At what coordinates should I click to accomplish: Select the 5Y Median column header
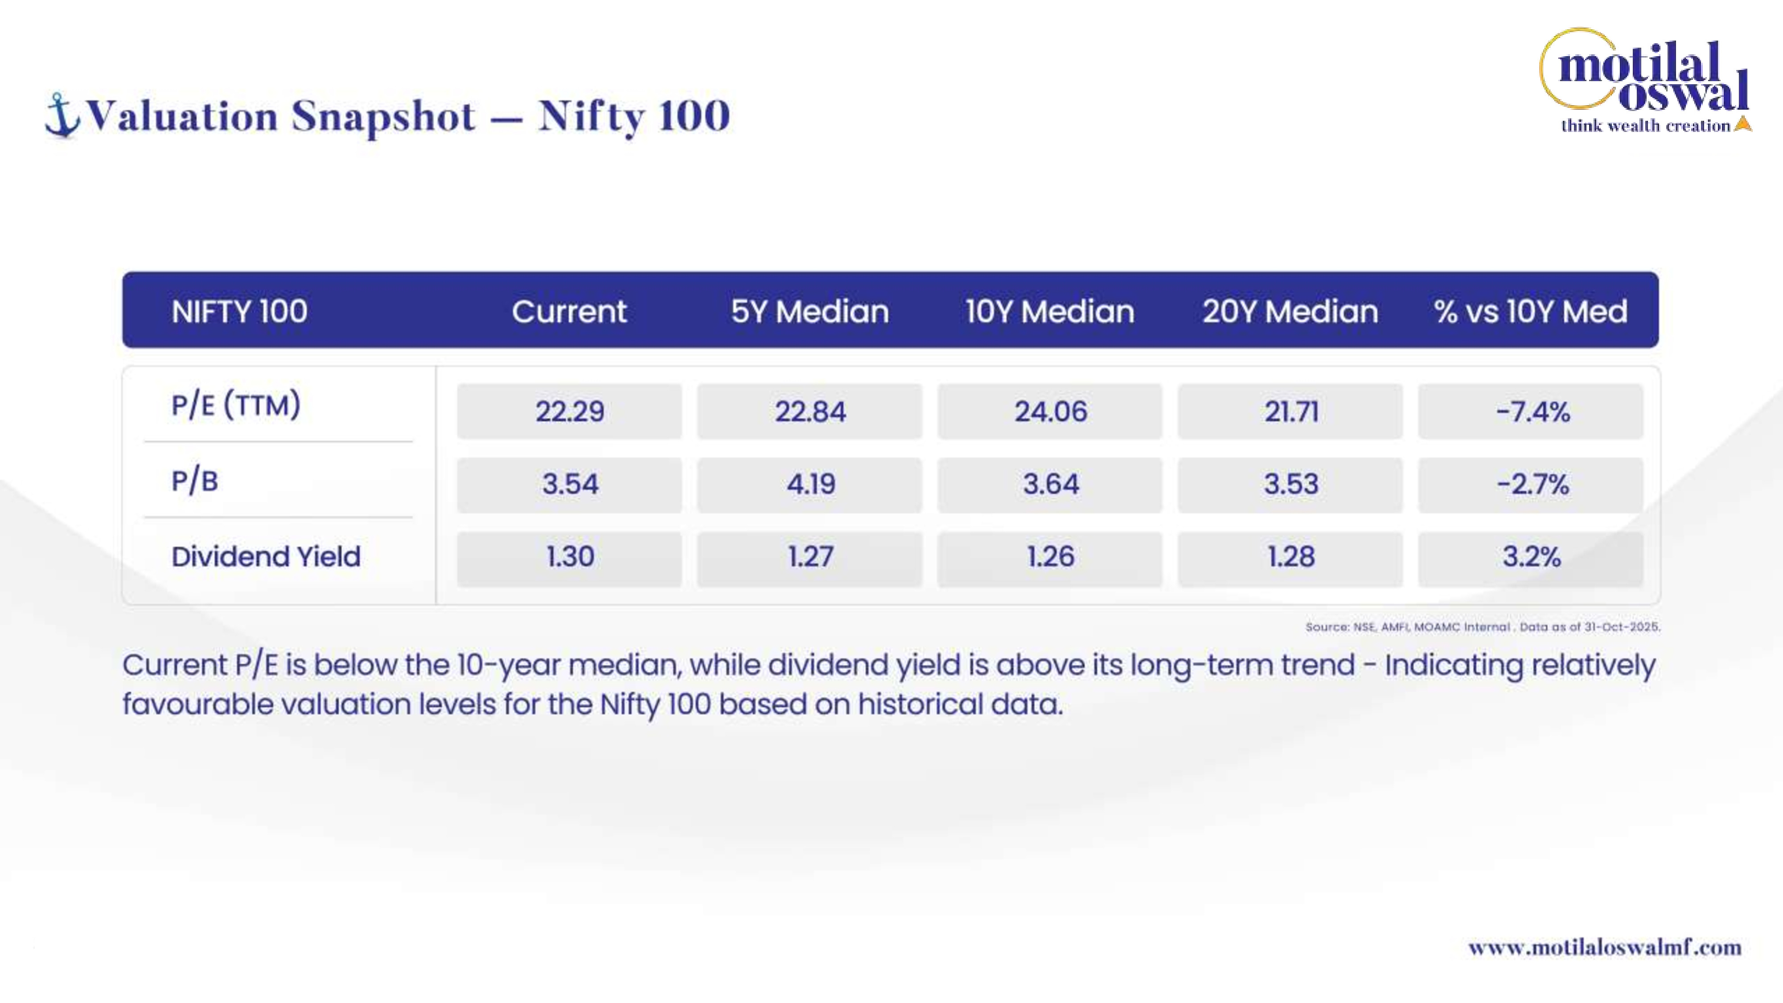810,312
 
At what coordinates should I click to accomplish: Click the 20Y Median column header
1290,312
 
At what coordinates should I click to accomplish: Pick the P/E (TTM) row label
236,405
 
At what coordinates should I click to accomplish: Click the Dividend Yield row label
267,556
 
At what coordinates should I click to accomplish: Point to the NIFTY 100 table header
239,312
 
